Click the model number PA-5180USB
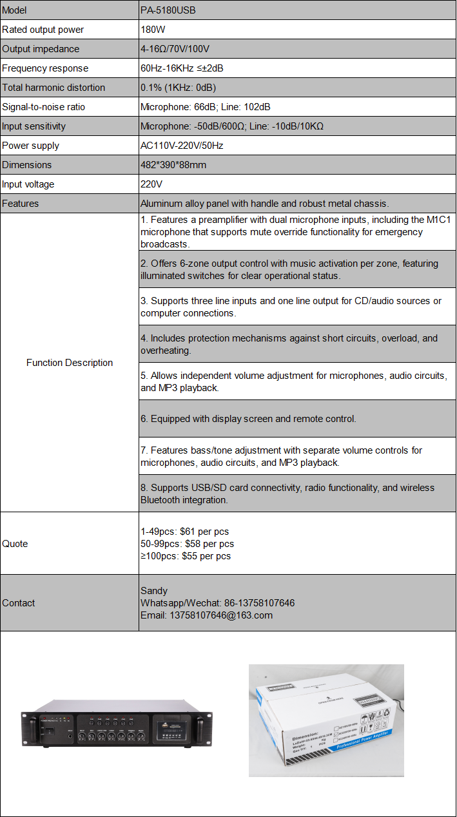(168, 10)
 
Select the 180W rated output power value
(151, 30)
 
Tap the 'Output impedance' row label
(41, 49)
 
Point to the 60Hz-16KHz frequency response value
(182, 68)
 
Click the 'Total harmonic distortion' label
(53, 88)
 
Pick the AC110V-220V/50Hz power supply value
(182, 146)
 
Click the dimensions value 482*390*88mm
(173, 165)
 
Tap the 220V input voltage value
(151, 184)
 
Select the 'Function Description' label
(70, 363)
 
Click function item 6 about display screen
(248, 419)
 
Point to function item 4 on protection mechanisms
(289, 344)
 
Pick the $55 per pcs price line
(185, 556)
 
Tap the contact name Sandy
(154, 590)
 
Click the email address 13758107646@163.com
(206, 615)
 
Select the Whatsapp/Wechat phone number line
(217, 603)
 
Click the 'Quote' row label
(15, 544)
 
